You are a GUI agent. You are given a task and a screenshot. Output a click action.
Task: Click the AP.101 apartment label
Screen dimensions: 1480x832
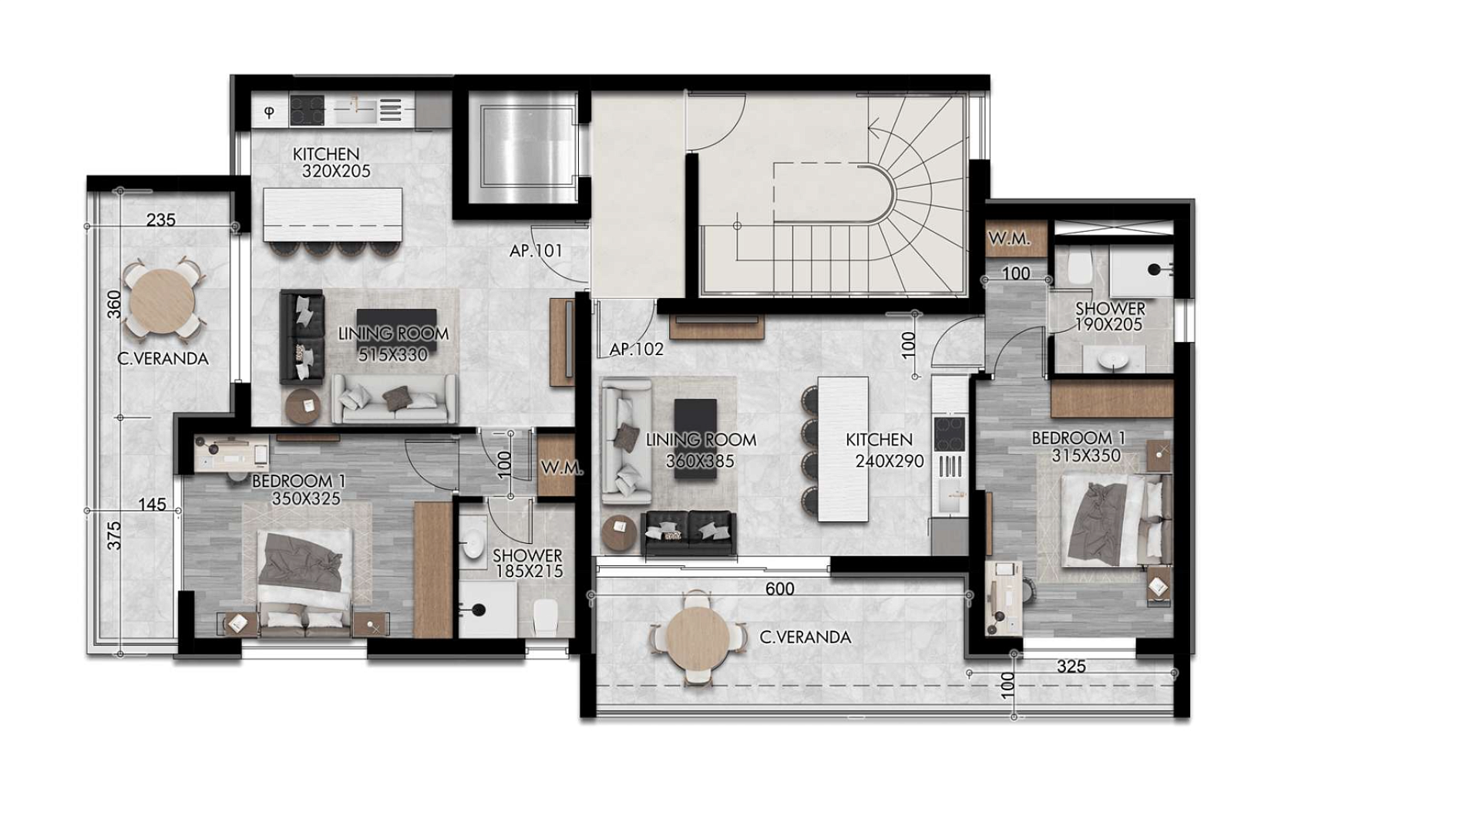tap(536, 250)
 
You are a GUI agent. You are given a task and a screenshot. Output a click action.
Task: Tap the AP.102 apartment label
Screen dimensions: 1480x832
tap(636, 349)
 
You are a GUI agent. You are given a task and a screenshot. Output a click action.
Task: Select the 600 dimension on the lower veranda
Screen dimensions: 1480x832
tap(779, 589)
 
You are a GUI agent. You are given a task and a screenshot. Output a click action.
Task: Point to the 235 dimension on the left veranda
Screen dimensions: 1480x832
tap(160, 220)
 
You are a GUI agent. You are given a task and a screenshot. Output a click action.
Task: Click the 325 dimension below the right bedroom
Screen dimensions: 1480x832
tap(1071, 666)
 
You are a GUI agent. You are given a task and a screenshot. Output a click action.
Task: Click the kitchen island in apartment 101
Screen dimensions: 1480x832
tap(333, 215)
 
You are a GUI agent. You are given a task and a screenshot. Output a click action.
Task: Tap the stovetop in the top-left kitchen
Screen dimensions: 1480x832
tap(307, 109)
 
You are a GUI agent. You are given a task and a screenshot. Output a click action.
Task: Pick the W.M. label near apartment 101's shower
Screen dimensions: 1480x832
tap(561, 468)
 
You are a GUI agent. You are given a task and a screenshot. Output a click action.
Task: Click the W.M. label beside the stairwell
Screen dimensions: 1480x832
tap(1009, 239)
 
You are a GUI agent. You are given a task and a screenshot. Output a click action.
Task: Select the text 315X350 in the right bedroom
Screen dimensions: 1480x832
tap(1086, 455)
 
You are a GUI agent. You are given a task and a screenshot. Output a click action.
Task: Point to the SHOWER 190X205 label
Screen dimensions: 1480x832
tap(1110, 316)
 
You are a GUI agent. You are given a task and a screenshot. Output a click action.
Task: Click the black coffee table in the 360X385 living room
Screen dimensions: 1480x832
tap(695, 438)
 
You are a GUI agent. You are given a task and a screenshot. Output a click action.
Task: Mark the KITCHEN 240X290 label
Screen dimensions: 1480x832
tap(884, 451)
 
